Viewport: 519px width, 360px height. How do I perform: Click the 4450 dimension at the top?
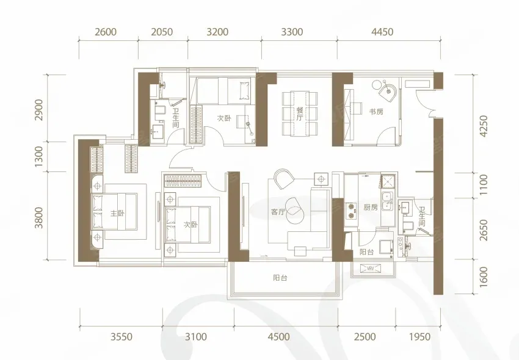pyautogui.click(x=382, y=32)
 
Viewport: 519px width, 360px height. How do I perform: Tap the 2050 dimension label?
pyautogui.click(x=162, y=32)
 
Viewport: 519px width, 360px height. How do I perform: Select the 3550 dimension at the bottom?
pyautogui.click(x=122, y=337)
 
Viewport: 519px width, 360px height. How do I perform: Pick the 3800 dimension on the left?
pyautogui.click(x=39, y=217)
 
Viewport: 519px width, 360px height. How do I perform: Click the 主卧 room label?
pyautogui.click(x=117, y=213)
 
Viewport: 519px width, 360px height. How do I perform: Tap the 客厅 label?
pyautogui.click(x=278, y=212)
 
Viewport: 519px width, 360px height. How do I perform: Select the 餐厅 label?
pyautogui.click(x=300, y=113)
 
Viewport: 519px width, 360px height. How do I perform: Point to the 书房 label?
pyautogui.click(x=376, y=112)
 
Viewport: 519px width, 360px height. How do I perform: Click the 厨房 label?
pyautogui.click(x=371, y=208)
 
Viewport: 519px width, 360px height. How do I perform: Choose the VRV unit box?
pyautogui.click(x=371, y=268)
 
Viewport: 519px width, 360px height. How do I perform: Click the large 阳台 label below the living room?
pyautogui.click(x=280, y=278)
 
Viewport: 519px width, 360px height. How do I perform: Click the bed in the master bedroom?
pyautogui.click(x=115, y=212)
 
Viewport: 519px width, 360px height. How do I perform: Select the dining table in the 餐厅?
pyautogui.click(x=300, y=114)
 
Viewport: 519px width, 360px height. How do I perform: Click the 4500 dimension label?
pyautogui.click(x=278, y=337)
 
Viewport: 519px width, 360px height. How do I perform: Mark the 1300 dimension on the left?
pyautogui.click(x=39, y=156)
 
